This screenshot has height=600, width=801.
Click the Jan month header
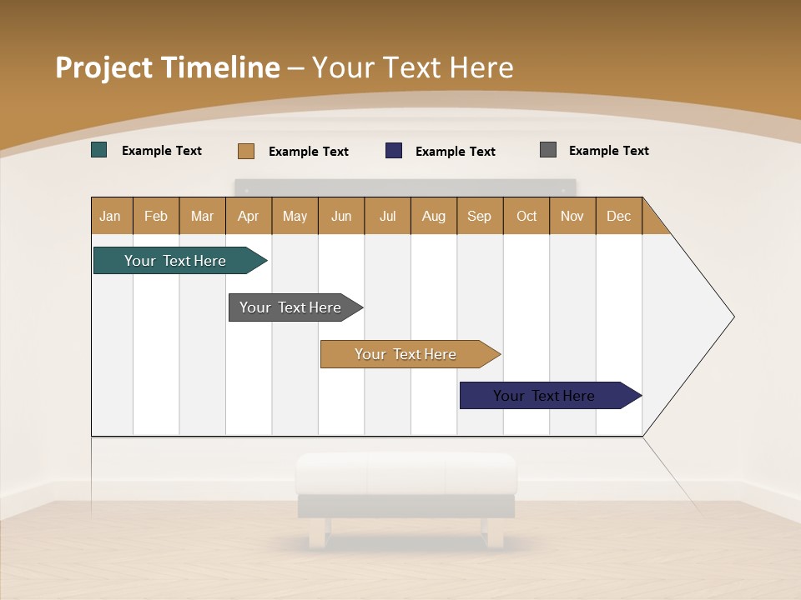(x=111, y=216)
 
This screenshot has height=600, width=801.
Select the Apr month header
(x=248, y=216)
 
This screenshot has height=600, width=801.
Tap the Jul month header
(x=387, y=216)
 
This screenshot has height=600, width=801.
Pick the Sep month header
(x=479, y=216)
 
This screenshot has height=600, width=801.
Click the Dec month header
(x=618, y=216)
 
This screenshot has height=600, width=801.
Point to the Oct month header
(x=526, y=216)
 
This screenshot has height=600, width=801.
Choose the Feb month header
(x=156, y=216)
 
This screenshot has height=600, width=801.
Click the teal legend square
(x=99, y=150)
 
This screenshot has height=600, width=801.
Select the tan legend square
(x=245, y=151)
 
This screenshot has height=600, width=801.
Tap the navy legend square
(x=394, y=150)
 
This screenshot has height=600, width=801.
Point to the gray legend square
(x=548, y=150)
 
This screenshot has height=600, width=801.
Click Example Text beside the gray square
(x=608, y=151)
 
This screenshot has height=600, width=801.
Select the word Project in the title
(x=104, y=67)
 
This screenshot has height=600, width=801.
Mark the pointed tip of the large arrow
(x=733, y=316)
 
